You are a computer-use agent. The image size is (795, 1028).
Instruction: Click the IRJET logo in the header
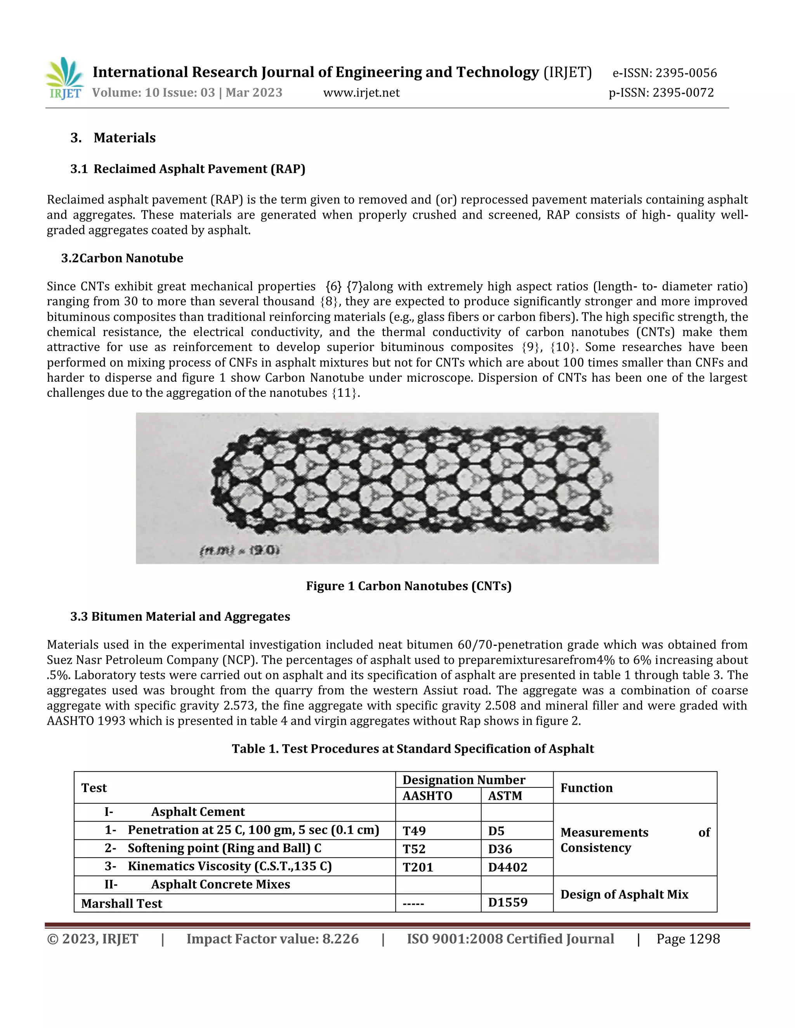(64, 78)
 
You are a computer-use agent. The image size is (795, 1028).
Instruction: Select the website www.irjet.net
(361, 93)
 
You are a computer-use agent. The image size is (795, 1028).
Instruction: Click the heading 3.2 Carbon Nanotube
(122, 258)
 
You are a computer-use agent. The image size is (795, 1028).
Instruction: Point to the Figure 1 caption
(408, 586)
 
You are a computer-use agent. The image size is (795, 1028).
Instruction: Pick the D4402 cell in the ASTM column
(507, 867)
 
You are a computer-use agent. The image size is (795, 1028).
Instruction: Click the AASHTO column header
(427, 796)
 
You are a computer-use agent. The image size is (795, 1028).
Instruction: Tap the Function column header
(587, 788)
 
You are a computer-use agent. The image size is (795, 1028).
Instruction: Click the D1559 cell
(507, 902)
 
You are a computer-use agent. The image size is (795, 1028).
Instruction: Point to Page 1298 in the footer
(687, 939)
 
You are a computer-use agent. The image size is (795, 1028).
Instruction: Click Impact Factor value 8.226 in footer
(272, 939)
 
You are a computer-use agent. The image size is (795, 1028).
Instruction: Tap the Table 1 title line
(413, 749)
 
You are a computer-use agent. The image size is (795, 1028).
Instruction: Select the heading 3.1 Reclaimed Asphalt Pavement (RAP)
(187, 169)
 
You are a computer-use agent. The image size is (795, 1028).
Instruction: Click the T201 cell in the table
(417, 867)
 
